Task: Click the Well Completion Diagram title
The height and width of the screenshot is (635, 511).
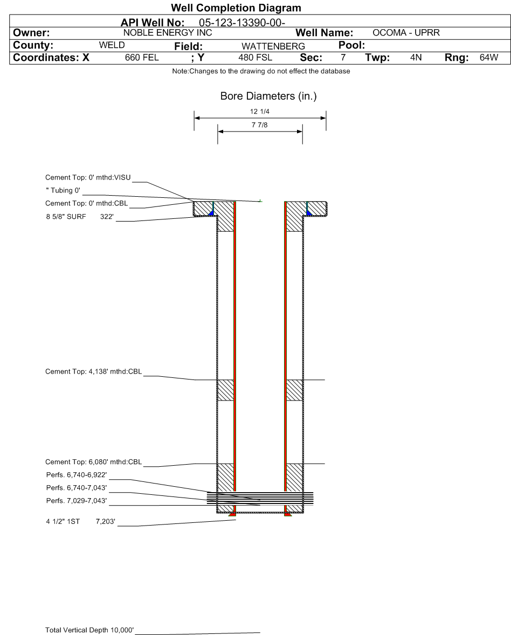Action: [236, 8]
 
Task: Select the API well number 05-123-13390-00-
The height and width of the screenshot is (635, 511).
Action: [241, 23]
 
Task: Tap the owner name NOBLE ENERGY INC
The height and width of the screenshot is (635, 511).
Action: [168, 32]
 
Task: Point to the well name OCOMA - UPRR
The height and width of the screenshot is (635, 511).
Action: [406, 32]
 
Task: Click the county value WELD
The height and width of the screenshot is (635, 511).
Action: [112, 45]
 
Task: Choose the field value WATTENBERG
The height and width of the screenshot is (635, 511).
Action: [273, 46]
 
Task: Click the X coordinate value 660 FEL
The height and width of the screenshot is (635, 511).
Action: [142, 58]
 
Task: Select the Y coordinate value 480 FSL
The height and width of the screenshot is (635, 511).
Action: [255, 58]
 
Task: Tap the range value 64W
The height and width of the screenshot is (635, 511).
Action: [489, 58]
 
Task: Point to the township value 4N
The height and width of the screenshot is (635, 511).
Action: [416, 58]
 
